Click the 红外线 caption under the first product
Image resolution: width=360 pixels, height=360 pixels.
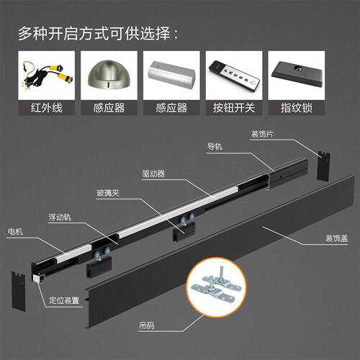47,108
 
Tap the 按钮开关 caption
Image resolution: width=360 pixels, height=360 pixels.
234,108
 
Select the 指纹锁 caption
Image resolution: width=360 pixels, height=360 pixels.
297,108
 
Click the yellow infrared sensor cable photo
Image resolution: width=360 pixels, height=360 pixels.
47,75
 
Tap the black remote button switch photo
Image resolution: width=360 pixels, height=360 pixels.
234,75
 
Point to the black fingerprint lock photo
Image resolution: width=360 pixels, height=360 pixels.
297,75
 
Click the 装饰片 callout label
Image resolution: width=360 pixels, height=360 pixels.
262,134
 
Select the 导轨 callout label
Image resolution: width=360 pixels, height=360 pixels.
215,146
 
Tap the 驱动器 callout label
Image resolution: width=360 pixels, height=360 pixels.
153,174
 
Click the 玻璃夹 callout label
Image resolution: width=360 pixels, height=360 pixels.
108,193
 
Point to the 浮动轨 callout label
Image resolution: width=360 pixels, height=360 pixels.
60,217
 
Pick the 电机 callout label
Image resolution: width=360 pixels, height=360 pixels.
15,232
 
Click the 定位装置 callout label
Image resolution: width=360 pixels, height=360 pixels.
64,300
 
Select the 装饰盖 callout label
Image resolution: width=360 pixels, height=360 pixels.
336,238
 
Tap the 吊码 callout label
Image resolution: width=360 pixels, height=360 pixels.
147,325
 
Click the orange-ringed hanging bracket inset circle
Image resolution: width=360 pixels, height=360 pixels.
217,287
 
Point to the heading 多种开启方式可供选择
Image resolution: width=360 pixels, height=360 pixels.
99,33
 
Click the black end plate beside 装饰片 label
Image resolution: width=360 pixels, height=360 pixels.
323,166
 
